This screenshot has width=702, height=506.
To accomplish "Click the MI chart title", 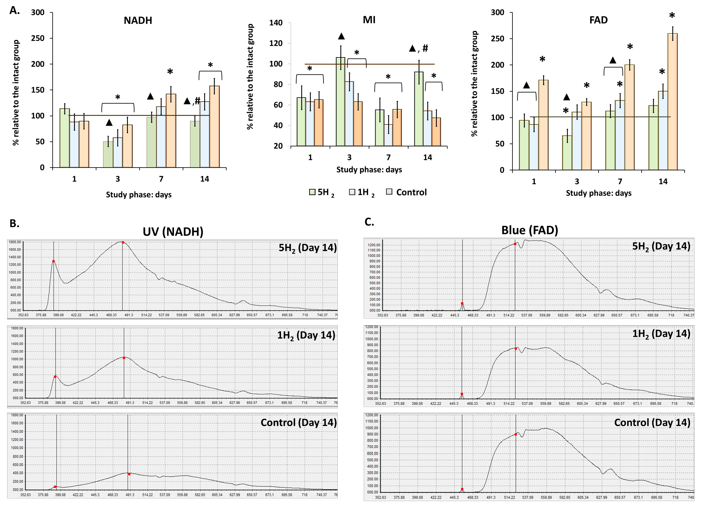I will tap(369, 20).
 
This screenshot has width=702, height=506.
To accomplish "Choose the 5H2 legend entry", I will tap(322, 192).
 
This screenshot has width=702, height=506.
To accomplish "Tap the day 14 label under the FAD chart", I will tap(663, 182).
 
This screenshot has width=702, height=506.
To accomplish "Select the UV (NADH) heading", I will tap(173, 232).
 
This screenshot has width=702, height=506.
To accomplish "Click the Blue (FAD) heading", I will tap(530, 230).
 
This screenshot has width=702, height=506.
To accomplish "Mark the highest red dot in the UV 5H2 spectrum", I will tap(123, 242).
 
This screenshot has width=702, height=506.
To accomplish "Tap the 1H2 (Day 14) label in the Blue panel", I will tap(661, 334).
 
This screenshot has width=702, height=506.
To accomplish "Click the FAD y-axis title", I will tap(474, 84).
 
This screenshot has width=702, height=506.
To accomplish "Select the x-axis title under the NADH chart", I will tap(139, 195).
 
